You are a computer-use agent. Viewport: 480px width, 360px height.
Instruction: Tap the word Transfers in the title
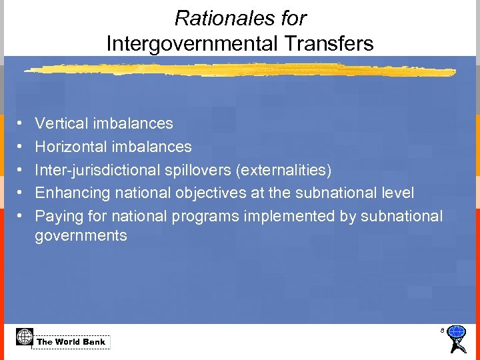[337, 44]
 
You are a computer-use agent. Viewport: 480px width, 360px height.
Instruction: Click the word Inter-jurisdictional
[95, 170]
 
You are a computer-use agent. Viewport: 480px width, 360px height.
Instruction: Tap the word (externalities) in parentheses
[284, 170]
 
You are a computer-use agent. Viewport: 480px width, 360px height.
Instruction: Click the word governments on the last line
[81, 235]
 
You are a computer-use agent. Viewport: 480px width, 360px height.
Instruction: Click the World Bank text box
[71, 342]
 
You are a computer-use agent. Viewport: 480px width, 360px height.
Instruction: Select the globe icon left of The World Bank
[24, 336]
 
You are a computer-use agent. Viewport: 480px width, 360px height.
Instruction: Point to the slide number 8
[441, 330]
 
